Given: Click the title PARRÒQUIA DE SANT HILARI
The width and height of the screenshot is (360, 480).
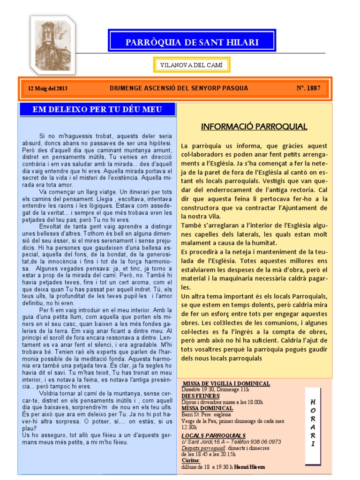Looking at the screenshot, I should click(192, 42).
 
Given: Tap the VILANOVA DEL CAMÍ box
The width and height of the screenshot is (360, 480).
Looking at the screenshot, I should click(192, 65).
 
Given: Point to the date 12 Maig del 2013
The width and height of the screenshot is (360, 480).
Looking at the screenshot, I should click(48, 88).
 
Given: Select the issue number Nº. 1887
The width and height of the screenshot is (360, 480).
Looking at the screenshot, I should click(308, 88).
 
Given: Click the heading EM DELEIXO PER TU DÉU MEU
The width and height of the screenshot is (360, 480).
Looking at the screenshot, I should click(97, 110).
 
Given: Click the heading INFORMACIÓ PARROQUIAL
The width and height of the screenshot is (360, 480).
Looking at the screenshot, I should click(254, 127).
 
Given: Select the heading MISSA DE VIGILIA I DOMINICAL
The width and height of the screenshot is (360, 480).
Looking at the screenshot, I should click(226, 383).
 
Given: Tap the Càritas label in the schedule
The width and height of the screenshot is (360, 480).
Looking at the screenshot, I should click(191, 460).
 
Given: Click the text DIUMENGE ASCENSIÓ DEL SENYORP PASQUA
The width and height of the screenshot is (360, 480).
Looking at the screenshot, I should click(179, 88).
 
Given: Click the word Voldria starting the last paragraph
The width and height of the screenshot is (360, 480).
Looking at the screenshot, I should click(51, 393).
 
